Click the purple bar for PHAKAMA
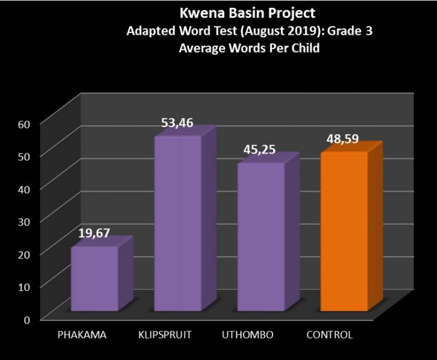(94, 279)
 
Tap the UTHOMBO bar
(261, 237)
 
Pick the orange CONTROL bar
(343, 232)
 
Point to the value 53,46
(177, 124)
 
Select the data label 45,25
(259, 149)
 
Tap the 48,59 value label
(343, 139)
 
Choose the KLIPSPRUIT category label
(165, 334)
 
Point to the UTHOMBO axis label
(248, 334)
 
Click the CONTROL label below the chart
(330, 334)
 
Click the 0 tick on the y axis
(27, 319)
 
